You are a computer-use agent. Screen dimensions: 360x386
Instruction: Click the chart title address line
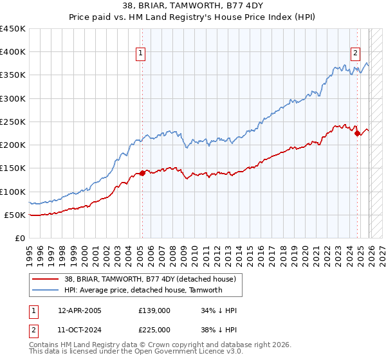click(193, 7)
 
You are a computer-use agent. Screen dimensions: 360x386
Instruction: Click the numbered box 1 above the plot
click(140, 54)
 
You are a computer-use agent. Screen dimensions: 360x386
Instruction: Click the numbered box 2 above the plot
click(355, 54)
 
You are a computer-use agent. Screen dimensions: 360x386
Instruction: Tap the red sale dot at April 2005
click(142, 173)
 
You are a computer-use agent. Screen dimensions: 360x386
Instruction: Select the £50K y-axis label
click(15, 215)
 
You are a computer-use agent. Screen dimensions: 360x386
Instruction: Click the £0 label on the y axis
click(20, 238)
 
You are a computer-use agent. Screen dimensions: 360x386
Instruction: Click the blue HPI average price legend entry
click(143, 290)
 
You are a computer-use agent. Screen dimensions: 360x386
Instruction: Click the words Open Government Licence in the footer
click(177, 352)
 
